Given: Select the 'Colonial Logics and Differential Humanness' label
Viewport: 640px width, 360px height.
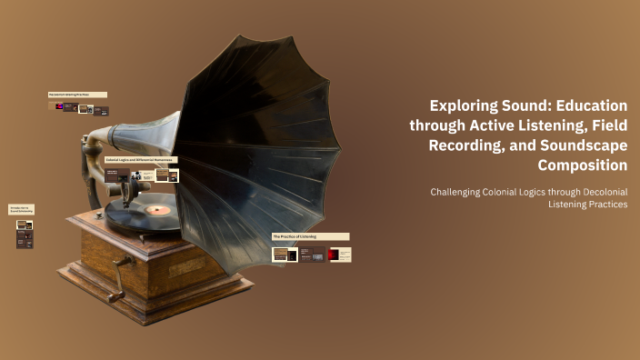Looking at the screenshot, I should pos(140,159).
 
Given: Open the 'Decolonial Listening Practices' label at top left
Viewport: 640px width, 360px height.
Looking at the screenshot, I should pos(77,94).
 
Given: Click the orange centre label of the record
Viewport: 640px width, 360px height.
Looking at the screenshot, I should pos(157,210).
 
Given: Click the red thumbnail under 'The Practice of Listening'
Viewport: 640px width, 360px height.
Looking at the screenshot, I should pos(340,255).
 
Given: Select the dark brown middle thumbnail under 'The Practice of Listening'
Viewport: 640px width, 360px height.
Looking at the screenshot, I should pos(313,255).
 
